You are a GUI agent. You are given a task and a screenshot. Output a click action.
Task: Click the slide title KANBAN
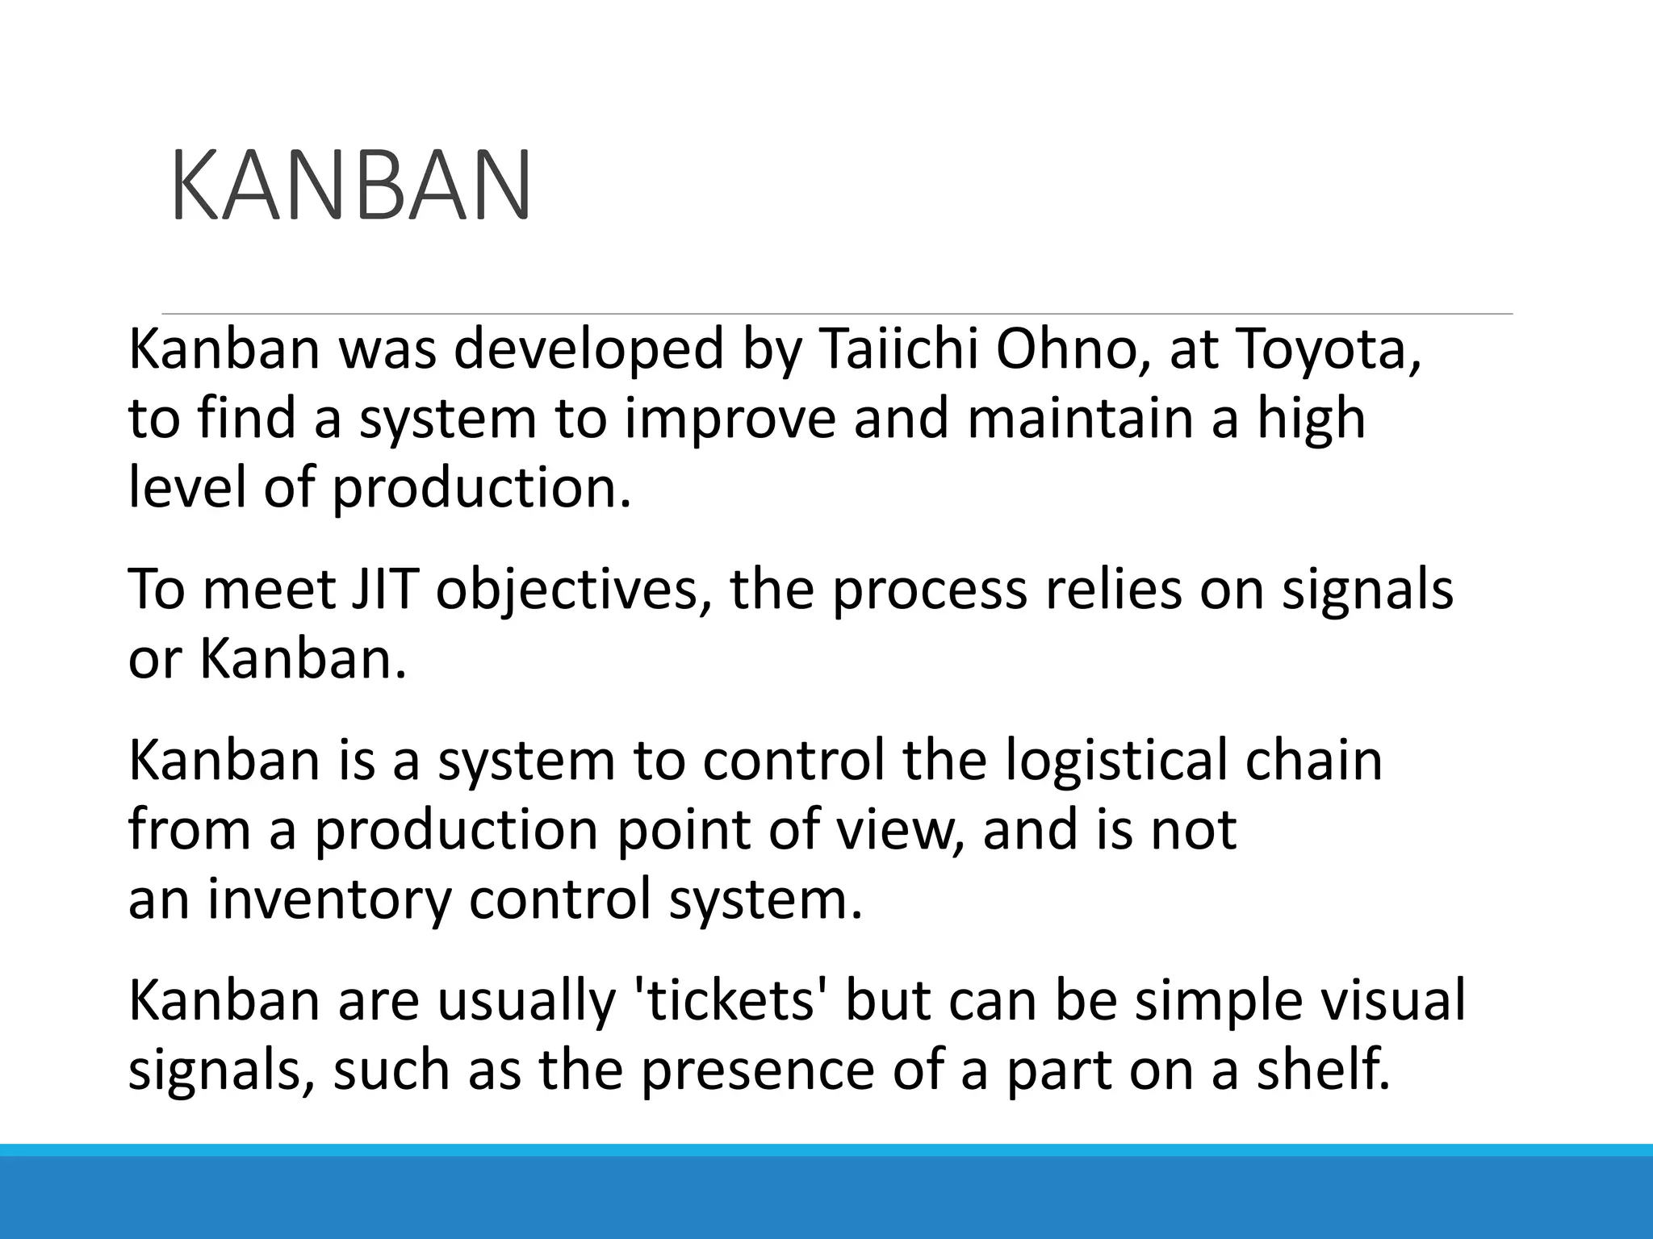pos(351,186)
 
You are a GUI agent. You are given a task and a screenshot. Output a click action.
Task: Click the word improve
pos(730,419)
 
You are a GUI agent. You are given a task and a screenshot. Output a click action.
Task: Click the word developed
pos(588,351)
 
